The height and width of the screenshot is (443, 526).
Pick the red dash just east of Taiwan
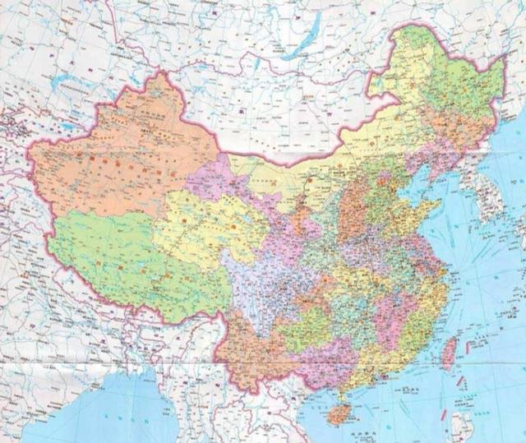(462, 349)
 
